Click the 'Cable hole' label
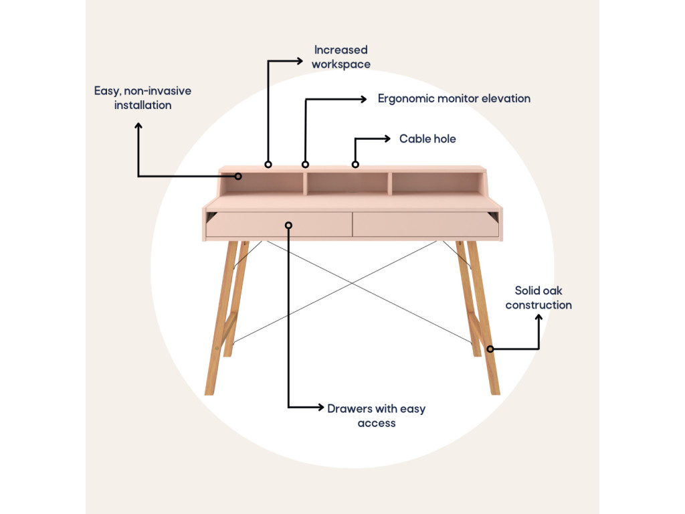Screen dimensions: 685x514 (x=427, y=139)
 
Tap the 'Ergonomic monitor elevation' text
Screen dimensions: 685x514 (x=454, y=98)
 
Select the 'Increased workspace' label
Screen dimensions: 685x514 (x=341, y=57)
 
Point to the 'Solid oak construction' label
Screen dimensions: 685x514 (x=539, y=298)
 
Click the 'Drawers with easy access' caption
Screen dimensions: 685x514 (x=376, y=416)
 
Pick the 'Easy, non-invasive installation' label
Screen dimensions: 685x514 (x=142, y=98)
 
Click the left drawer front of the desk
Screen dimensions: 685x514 (x=279, y=225)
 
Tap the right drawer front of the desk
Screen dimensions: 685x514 (x=425, y=225)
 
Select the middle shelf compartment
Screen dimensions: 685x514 (x=347, y=183)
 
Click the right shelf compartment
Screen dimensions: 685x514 (x=435, y=183)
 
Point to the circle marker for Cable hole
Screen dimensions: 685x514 (x=355, y=164)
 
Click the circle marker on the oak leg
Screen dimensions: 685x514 (x=490, y=349)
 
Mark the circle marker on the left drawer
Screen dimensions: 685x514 (x=288, y=225)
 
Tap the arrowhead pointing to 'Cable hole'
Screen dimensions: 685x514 (x=387, y=139)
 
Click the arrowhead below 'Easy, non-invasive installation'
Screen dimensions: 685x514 (x=138, y=125)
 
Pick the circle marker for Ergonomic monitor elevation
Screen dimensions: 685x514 (x=305, y=164)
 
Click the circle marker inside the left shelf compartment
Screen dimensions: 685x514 (x=237, y=176)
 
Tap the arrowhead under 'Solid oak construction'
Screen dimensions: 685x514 (x=539, y=318)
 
